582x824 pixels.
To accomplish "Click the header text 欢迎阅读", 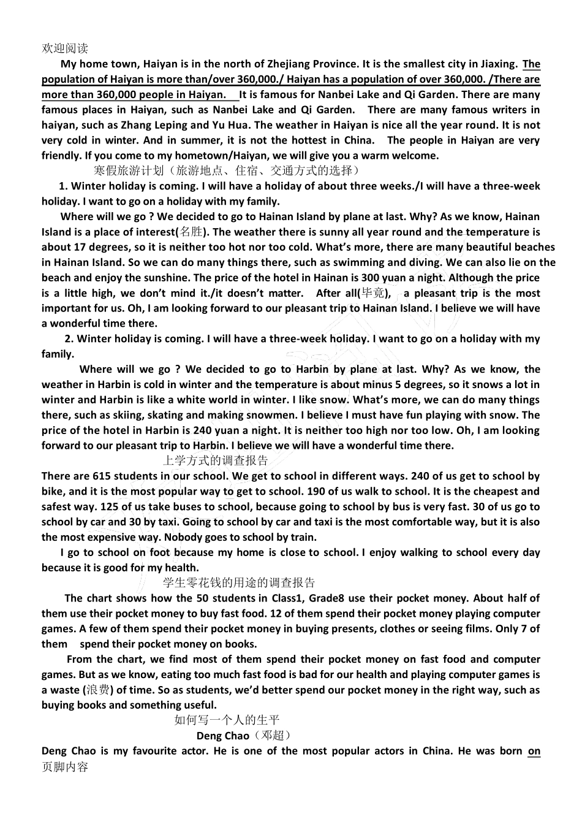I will [x=65, y=48].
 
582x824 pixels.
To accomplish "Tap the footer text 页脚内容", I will [x=65, y=766].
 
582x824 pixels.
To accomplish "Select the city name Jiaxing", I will [x=497, y=64].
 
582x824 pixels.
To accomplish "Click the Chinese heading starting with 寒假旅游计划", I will [x=226, y=170].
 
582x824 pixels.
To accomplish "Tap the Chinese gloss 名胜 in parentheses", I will [x=191, y=232].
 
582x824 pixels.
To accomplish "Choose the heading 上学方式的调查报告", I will [x=216, y=460].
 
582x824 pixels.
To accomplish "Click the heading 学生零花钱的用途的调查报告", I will [x=239, y=582].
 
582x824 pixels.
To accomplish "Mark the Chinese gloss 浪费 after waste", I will [x=98, y=690].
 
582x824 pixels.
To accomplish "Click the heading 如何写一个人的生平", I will [x=227, y=720].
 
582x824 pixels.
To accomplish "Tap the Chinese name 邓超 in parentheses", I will [x=272, y=735].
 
